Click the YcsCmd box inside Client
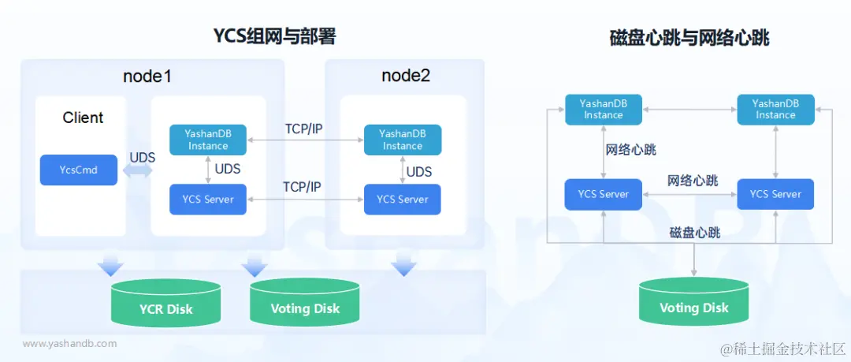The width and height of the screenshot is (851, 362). tap(79, 170)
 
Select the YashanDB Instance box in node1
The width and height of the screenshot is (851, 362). tap(208, 140)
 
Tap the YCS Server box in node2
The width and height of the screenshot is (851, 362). tap(402, 200)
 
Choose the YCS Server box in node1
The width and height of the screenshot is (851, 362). tap(208, 200)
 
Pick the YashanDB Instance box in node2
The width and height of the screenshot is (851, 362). tap(402, 140)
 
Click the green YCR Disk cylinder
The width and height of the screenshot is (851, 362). tap(166, 303)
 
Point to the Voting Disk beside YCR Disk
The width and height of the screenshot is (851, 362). tap(305, 303)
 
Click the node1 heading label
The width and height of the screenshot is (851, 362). tap(147, 77)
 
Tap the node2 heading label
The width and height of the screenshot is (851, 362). tap(406, 76)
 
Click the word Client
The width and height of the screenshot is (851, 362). tap(83, 118)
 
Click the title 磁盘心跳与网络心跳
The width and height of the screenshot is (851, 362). tap(689, 37)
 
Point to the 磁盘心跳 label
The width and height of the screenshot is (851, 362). tap(695, 233)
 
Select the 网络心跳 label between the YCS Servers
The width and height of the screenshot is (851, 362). tap(693, 181)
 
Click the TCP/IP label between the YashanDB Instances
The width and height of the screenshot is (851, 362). tap(304, 129)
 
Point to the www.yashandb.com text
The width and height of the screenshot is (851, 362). tap(69, 344)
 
